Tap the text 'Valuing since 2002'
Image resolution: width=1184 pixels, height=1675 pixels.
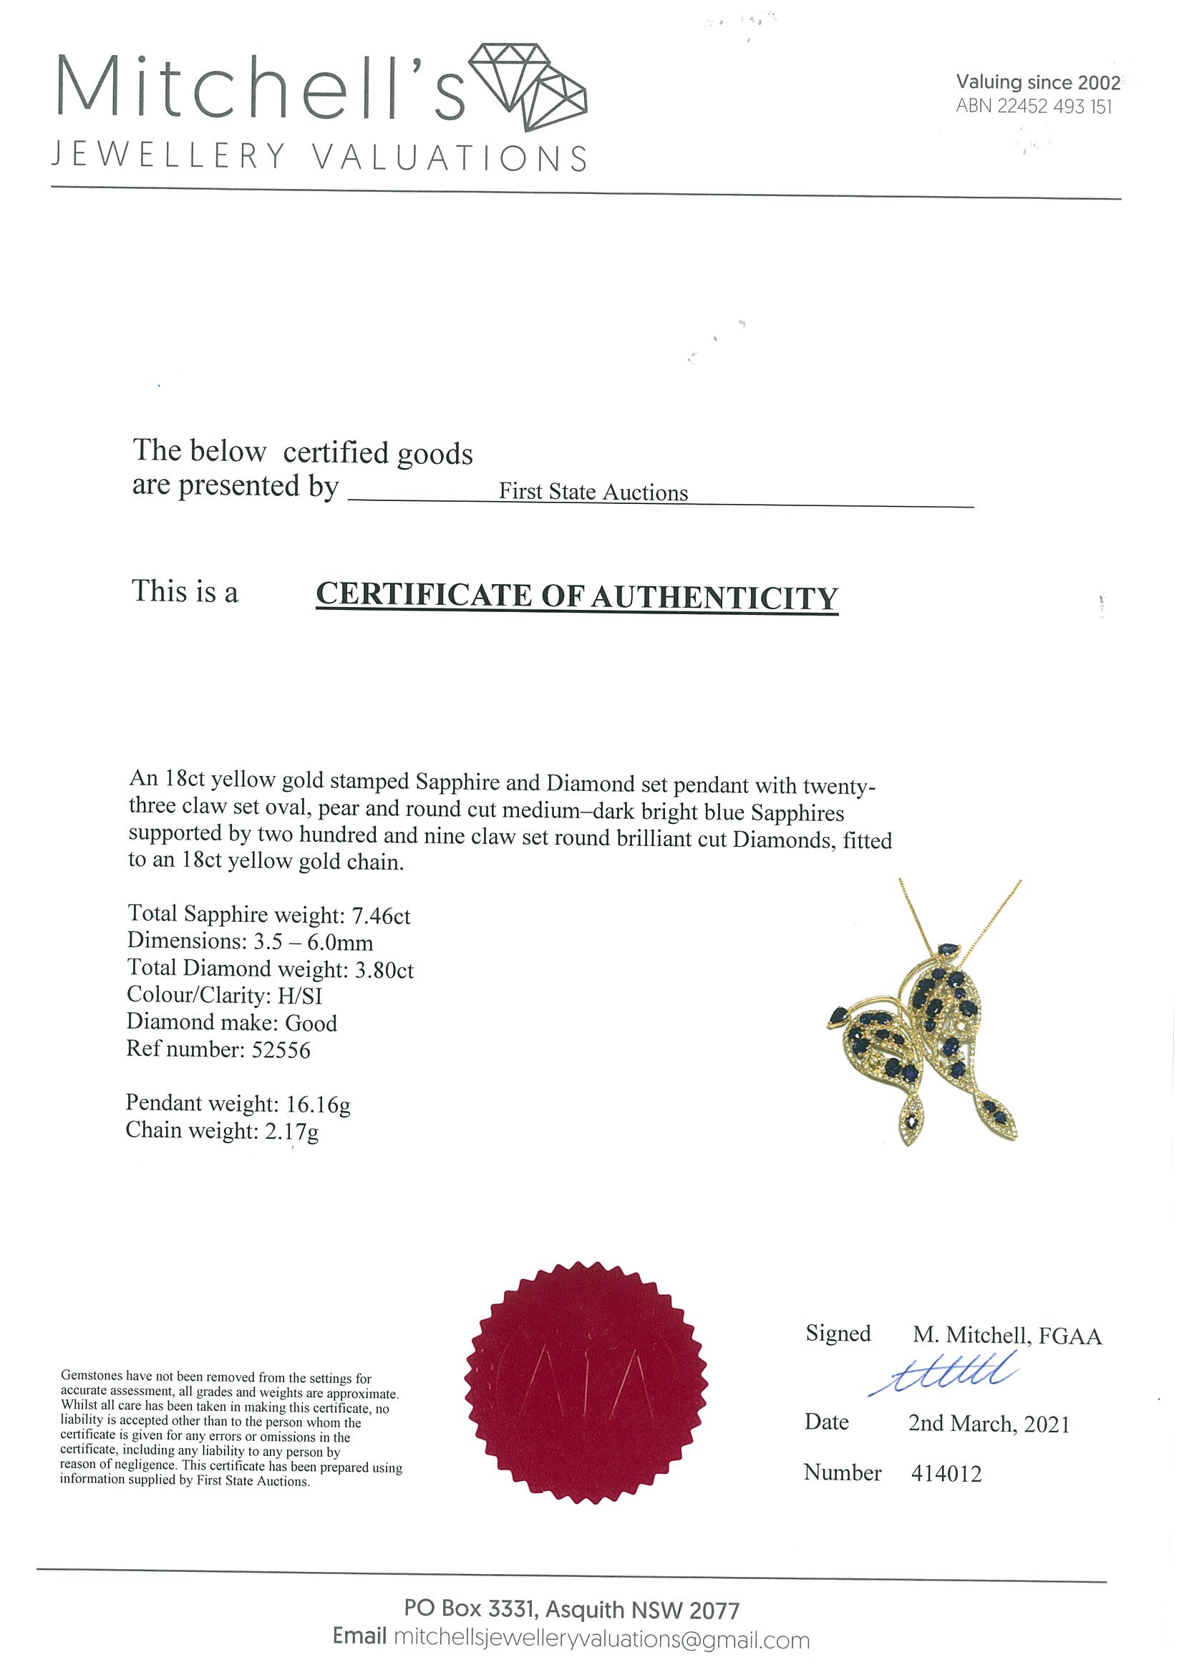pos(1037,82)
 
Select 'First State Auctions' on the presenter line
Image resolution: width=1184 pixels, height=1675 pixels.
pos(593,492)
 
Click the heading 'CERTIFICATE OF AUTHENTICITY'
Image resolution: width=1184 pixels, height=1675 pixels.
pos(576,596)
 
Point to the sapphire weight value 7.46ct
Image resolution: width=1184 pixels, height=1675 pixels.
pos(381,916)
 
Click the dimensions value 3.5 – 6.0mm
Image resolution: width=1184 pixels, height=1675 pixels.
pos(313,942)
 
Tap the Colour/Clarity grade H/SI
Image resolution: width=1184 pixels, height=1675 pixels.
pos(300,996)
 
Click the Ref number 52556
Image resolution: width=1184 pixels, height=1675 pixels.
pos(281,1050)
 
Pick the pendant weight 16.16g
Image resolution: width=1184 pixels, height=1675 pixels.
pos(318,1104)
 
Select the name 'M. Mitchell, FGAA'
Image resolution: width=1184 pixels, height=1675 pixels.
pos(1006,1335)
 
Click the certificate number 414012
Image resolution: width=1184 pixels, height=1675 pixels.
pos(946,1473)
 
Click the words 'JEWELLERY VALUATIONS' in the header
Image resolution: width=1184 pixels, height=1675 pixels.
pos(319,157)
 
